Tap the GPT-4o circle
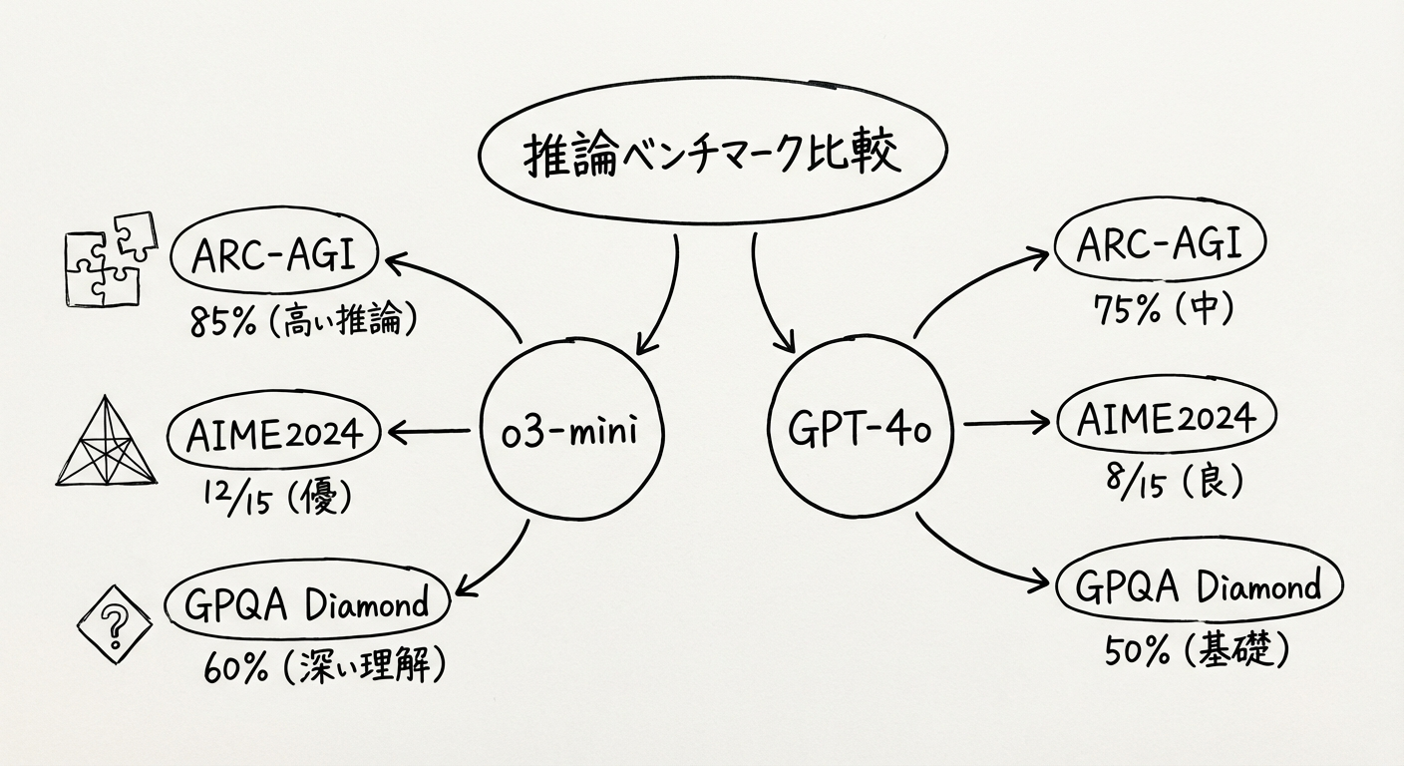pyautogui.click(x=859, y=431)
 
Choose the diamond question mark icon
pyautogui.click(x=115, y=626)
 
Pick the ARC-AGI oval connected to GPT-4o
pyautogui.click(x=1160, y=243)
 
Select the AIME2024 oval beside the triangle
pyautogui.click(x=274, y=434)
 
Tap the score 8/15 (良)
pyautogui.click(x=1163, y=483)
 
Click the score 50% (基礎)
pyautogui.click(x=1198, y=651)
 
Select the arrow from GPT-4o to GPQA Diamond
pyautogui.click(x=982, y=551)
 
